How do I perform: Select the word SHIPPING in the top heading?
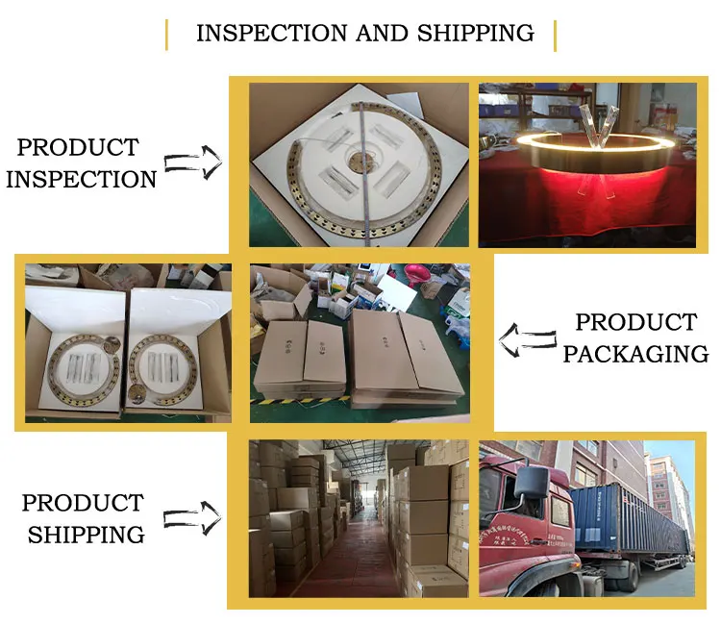[475, 33]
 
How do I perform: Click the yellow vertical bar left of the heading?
[166, 34]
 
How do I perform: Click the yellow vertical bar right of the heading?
[555, 34]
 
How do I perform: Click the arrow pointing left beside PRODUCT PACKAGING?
[528, 337]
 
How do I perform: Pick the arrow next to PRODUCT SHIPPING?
[192, 519]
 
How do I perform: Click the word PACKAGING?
[635, 354]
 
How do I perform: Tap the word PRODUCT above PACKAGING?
[635, 322]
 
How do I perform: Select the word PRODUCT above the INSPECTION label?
[78, 148]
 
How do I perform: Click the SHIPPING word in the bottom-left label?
[86, 535]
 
